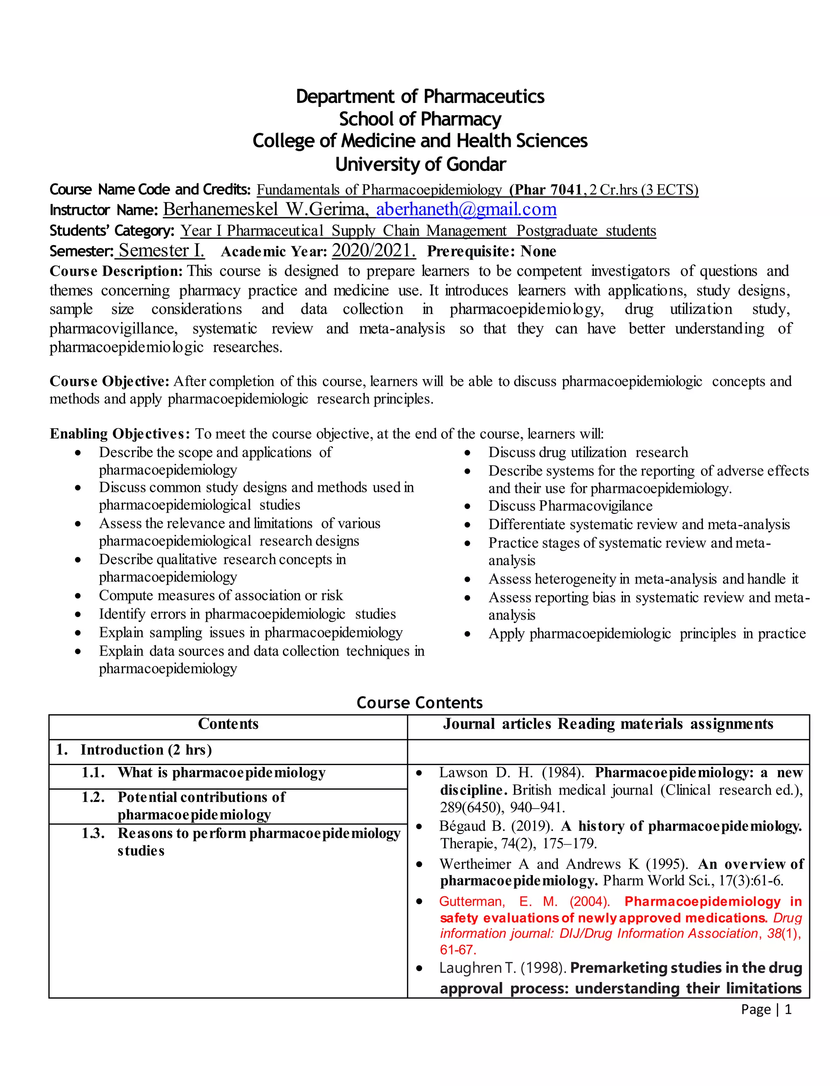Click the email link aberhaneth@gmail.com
click(466, 209)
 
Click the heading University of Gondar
click(420, 164)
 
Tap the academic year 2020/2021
click(373, 250)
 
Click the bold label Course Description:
click(116, 271)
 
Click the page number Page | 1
click(766, 1009)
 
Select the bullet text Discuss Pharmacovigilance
click(570, 506)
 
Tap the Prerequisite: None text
click(491, 251)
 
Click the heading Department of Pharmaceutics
click(420, 96)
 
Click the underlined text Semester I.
click(161, 250)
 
